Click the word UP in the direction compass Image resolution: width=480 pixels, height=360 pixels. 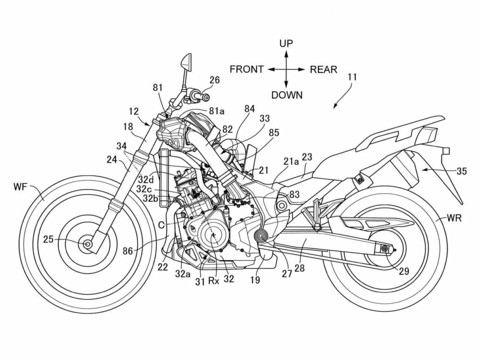[x=286, y=44]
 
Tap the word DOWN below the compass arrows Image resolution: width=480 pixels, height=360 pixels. [x=287, y=95]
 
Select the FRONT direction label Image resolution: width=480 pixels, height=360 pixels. [x=247, y=69]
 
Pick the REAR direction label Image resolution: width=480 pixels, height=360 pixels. [x=323, y=69]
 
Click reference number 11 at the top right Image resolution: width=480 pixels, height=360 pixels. [x=352, y=77]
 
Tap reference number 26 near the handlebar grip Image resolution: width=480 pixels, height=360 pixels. [x=214, y=80]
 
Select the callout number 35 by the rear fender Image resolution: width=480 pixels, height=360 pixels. [x=461, y=171]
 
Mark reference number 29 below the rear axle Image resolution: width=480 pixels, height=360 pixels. [x=405, y=271]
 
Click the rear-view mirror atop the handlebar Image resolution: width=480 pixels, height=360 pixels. [x=185, y=61]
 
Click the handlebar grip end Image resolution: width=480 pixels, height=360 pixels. [x=203, y=97]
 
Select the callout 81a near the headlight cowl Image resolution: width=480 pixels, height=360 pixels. [x=217, y=111]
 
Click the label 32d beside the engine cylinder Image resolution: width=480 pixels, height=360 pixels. [x=146, y=179]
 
